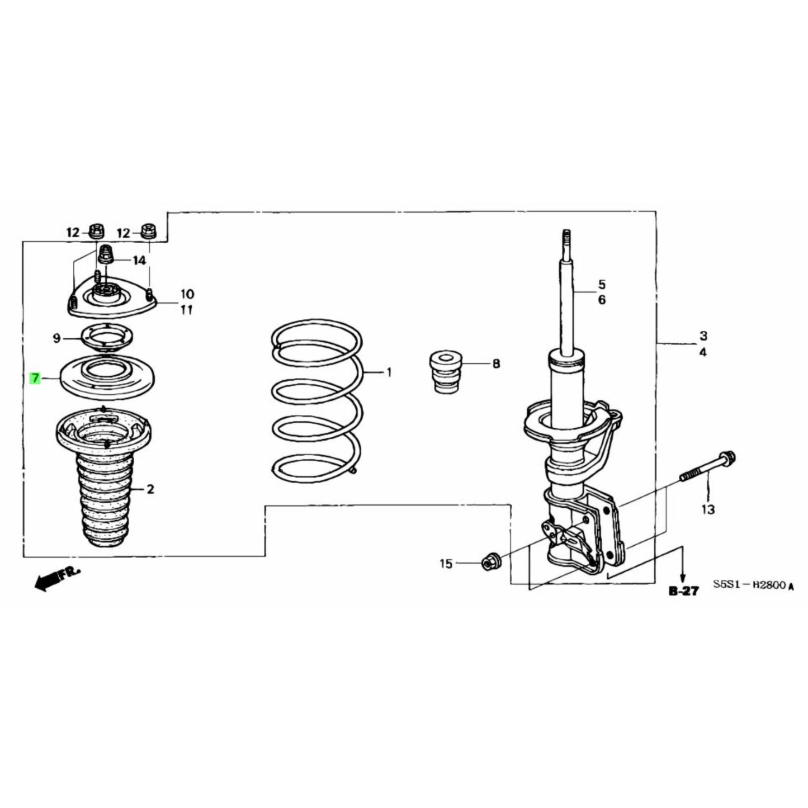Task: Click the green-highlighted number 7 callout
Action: tap(35, 379)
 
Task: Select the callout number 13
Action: tap(708, 509)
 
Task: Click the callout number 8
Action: tap(496, 364)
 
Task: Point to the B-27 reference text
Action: tap(683, 590)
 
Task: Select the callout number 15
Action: tap(446, 564)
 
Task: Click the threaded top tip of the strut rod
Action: tap(566, 238)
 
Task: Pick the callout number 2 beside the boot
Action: tap(150, 489)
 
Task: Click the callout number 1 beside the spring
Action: tap(389, 372)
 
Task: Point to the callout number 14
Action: tap(139, 261)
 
